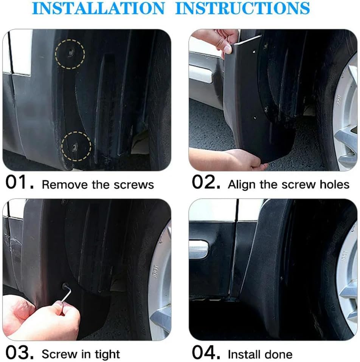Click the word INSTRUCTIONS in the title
tap(242, 8)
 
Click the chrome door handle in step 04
tap(199, 250)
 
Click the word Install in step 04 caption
tap(244, 354)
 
